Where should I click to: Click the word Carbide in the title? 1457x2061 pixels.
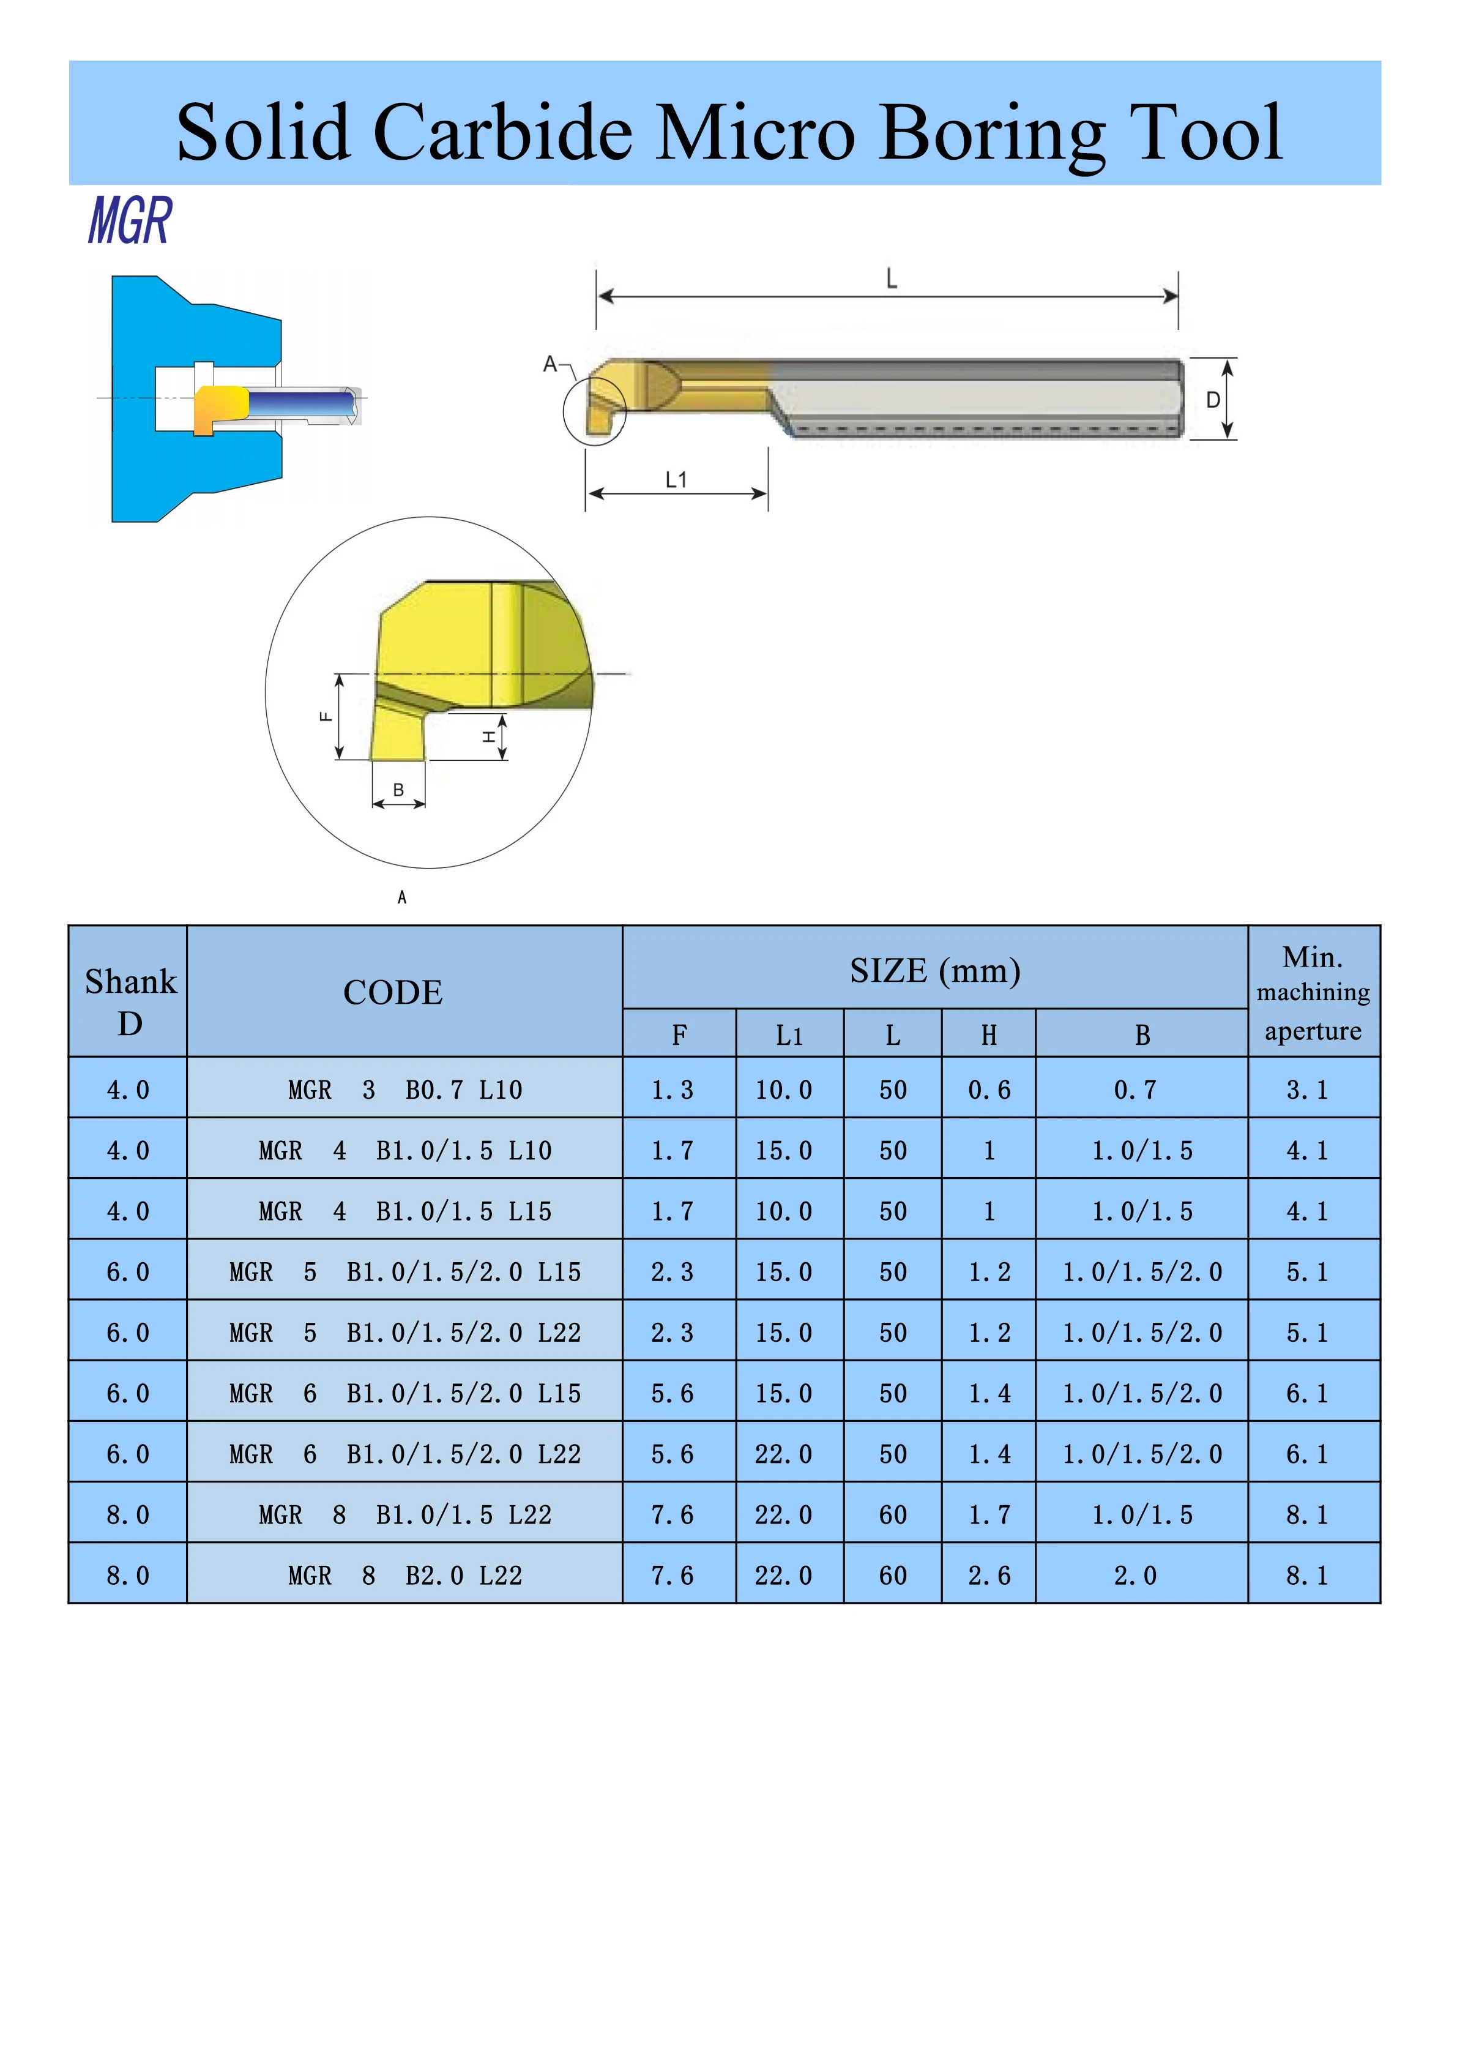(502, 132)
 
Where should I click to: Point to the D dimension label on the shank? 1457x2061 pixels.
(1212, 400)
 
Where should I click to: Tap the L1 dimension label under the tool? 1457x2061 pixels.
(676, 481)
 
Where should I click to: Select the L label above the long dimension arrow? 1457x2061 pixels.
(891, 279)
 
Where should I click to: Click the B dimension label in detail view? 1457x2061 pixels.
(398, 790)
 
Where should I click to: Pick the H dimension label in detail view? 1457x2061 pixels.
(489, 736)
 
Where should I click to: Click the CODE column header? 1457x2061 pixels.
(393, 992)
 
